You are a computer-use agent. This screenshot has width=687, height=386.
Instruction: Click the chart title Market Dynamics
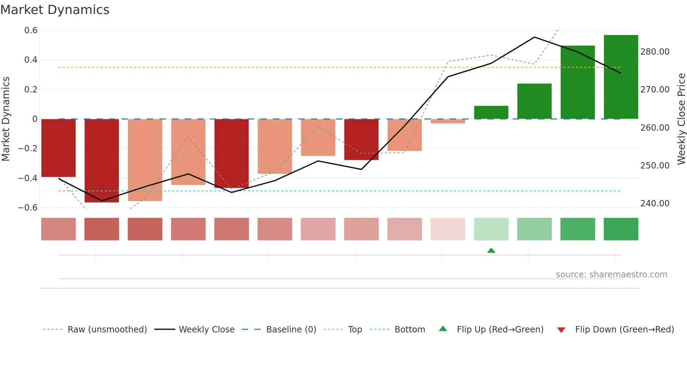click(55, 10)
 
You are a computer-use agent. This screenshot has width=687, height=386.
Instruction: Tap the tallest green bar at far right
click(621, 77)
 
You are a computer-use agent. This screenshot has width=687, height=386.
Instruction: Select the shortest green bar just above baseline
click(491, 112)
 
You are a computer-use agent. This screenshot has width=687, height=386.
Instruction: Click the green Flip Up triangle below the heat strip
click(491, 250)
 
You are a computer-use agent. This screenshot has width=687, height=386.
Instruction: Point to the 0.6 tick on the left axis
click(31, 30)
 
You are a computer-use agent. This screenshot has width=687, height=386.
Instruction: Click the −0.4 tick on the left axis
click(28, 178)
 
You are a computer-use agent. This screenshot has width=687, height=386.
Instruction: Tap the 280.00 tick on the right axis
click(655, 52)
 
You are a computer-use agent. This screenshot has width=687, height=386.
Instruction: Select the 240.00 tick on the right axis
click(655, 204)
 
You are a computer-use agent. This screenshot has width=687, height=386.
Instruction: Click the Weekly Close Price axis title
click(681, 119)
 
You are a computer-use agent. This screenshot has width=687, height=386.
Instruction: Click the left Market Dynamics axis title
click(6, 119)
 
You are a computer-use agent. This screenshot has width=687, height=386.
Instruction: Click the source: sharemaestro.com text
click(611, 275)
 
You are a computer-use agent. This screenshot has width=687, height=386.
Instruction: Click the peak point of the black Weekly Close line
click(534, 37)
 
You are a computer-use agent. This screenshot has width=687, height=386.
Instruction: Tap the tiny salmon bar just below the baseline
click(448, 121)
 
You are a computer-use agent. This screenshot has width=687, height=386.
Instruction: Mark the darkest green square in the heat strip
click(621, 229)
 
